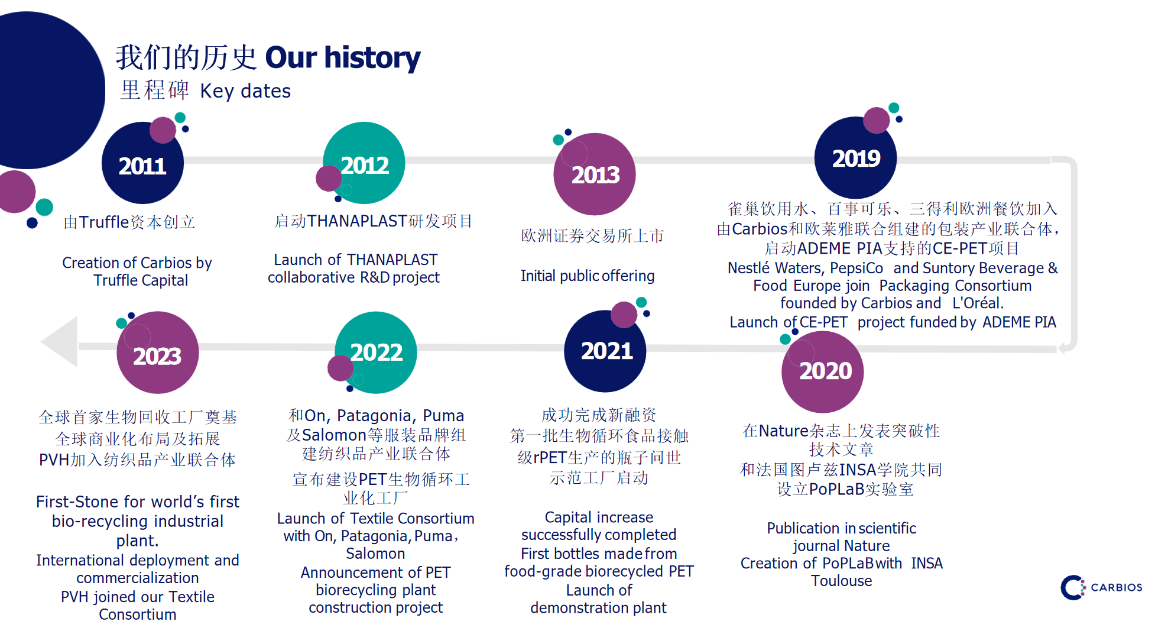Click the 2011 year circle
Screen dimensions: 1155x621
(x=142, y=163)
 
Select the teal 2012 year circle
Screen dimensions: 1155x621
(x=364, y=163)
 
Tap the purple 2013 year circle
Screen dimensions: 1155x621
(x=595, y=174)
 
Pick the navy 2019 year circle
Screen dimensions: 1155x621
(x=855, y=157)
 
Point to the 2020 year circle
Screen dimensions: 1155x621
(x=823, y=371)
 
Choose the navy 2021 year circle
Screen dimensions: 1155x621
(x=605, y=351)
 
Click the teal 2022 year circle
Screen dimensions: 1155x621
(x=376, y=352)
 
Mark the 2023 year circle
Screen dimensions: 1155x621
(x=158, y=352)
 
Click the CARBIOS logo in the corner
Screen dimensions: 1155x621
(x=1101, y=587)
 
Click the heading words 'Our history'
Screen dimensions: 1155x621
(x=343, y=58)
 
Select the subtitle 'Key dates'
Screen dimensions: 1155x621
(x=245, y=91)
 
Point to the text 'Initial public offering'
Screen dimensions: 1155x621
(x=588, y=276)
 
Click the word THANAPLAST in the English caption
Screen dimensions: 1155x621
(x=392, y=260)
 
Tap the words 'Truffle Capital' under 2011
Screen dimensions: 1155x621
(x=141, y=280)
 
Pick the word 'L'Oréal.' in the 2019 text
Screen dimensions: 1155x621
(x=978, y=303)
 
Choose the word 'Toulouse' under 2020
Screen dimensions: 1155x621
(x=842, y=581)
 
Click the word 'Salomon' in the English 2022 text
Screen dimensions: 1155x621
(x=376, y=554)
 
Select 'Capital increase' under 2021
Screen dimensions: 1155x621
(x=599, y=517)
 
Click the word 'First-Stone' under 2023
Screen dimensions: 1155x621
(x=77, y=502)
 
